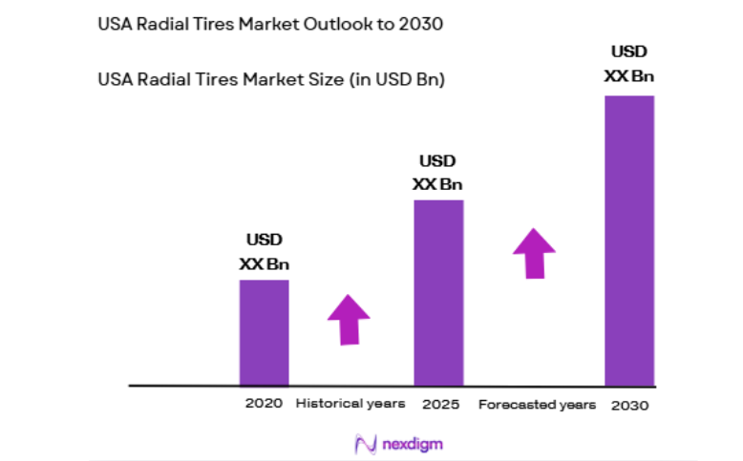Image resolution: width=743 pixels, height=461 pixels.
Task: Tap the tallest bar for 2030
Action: [x=629, y=239]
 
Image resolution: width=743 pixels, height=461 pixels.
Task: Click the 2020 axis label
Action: [x=264, y=404]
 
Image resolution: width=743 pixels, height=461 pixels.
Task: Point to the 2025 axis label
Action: [x=440, y=405]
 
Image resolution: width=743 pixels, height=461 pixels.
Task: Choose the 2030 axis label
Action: [x=631, y=405]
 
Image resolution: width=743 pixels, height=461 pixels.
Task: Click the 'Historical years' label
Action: [x=350, y=404]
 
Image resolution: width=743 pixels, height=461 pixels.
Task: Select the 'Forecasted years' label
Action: [x=537, y=405]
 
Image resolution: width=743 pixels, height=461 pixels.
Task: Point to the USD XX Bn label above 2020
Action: [x=265, y=251]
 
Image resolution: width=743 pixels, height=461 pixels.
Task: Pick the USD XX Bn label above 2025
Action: [x=437, y=172]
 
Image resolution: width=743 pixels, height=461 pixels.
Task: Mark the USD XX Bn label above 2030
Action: [x=629, y=62]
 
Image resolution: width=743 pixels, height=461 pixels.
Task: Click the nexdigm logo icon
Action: [x=365, y=444]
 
